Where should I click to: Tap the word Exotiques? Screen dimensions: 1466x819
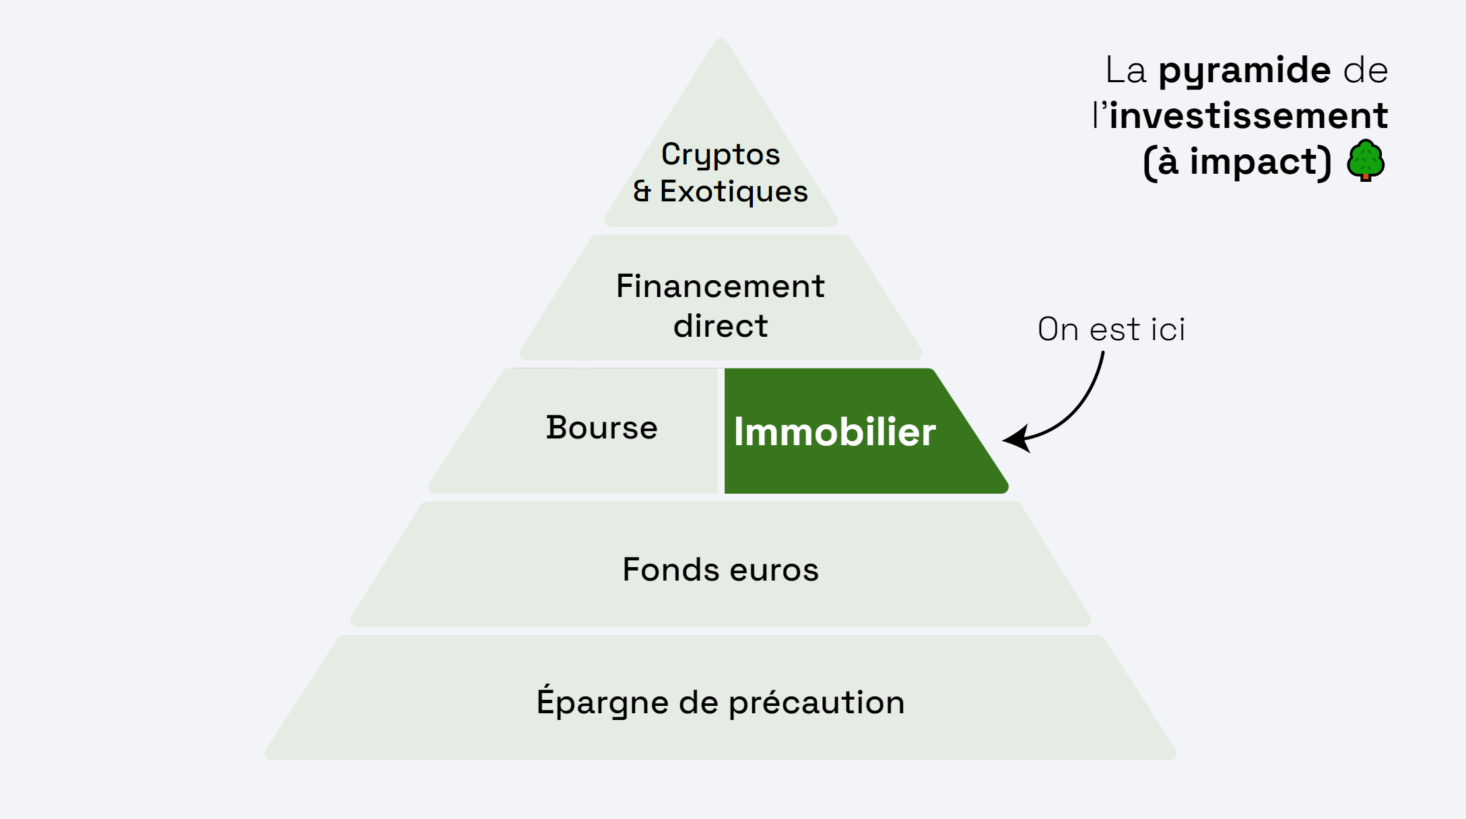point(733,192)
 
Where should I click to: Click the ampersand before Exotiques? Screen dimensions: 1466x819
point(642,191)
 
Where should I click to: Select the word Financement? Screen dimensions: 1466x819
point(720,286)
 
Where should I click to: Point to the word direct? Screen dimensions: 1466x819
point(720,326)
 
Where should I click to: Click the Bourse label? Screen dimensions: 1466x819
point(601,428)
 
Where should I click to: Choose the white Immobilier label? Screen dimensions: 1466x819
point(834,432)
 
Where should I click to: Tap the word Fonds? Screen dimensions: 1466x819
point(671,570)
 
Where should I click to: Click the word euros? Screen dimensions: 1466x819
point(774,570)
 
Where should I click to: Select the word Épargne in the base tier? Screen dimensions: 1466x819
point(602,701)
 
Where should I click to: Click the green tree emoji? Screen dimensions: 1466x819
point(1365,160)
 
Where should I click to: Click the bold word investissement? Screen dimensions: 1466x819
point(1248,116)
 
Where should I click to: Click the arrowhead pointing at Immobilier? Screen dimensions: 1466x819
point(1015,439)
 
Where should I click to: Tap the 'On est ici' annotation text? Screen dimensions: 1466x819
point(1111,329)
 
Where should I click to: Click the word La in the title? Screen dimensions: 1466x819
point(1125,71)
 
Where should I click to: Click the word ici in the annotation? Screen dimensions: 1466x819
point(1168,329)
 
